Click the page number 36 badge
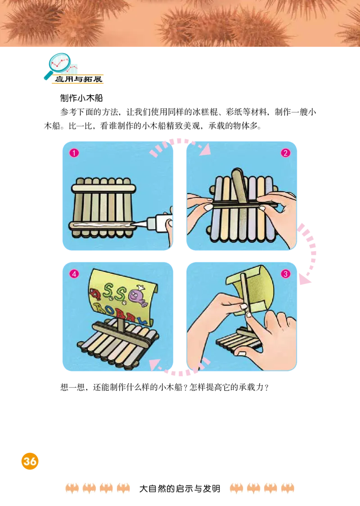[x=30, y=461]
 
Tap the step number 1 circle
[x=74, y=153]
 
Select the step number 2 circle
[x=285, y=153]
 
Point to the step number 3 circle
[x=285, y=273]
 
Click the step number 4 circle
[x=74, y=273]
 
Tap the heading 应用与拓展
[x=78, y=80]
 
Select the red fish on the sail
[x=95, y=295]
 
